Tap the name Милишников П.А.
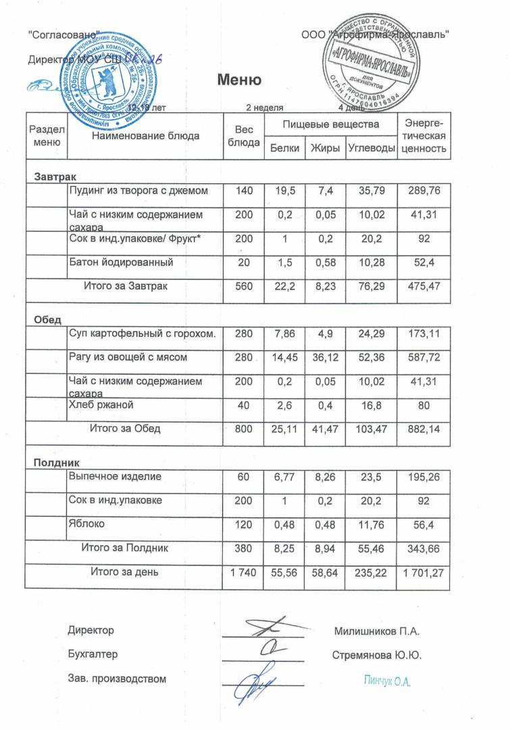click(x=377, y=632)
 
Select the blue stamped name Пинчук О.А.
click(x=387, y=680)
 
